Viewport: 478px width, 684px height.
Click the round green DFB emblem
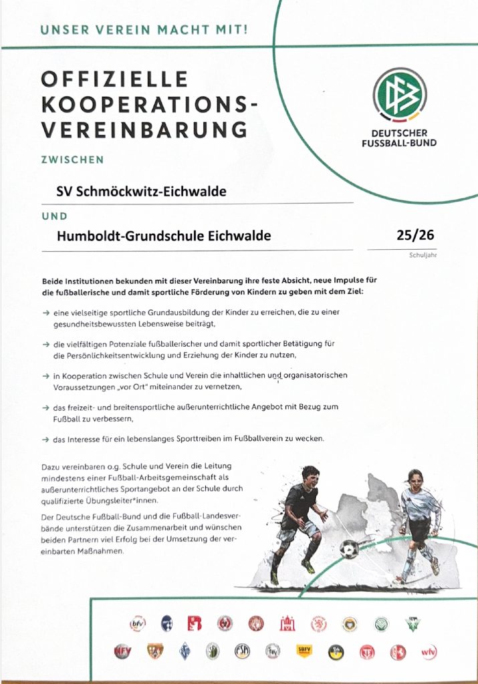399,95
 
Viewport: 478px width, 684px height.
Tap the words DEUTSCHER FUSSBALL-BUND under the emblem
399,138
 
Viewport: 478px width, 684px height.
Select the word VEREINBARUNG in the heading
144,129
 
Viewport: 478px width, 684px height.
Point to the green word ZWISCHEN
72,160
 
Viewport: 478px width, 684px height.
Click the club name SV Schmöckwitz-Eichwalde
141,192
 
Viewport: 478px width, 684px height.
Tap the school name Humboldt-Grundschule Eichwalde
164,236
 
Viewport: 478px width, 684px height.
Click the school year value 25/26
415,234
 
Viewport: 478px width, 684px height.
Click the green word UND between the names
55,216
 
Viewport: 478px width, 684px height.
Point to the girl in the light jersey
420,521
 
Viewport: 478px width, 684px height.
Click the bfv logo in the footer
137,625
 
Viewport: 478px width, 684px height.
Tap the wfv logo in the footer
429,651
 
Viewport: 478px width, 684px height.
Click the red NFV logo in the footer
123,651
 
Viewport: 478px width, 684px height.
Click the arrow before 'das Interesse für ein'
45,440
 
